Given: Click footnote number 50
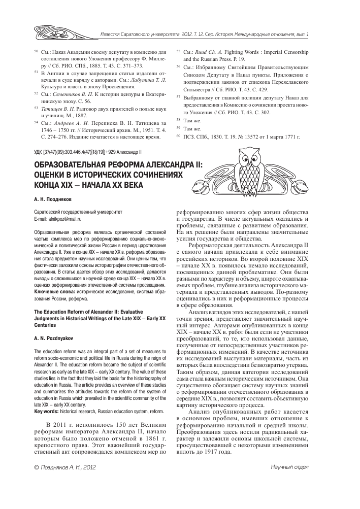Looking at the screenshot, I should [x=29, y=52].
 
